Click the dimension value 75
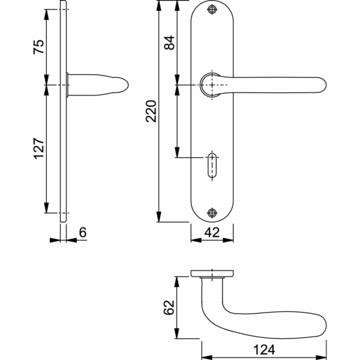pos(38,47)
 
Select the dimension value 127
pos(38,149)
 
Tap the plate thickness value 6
pos(83,232)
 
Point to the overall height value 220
pos(151,111)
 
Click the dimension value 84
pos(169,43)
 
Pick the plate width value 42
pos(212,232)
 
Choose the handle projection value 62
pos(169,307)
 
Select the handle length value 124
pos(264,350)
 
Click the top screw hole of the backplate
pos(212,10)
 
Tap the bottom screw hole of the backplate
pos(212,213)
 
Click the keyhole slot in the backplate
pos(212,166)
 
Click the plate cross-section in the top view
pos(212,273)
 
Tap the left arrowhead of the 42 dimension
pos(196,240)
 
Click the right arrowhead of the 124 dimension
pos(321,358)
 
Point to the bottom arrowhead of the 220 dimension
pos(158,217)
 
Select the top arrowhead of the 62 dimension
pos(176,282)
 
